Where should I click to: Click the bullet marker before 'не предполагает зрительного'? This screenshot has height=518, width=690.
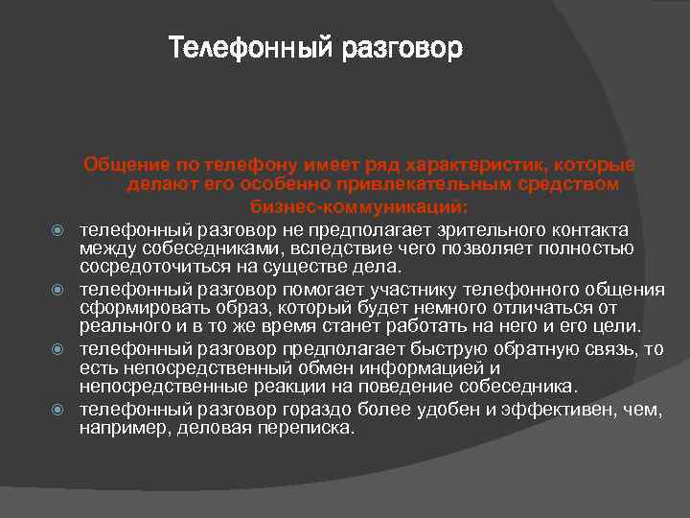57,231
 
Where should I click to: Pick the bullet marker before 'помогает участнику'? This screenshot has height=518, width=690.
57,291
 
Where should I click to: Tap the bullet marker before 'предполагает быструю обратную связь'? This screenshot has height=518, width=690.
57,350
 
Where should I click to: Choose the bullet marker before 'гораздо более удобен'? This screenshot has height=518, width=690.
57,410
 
